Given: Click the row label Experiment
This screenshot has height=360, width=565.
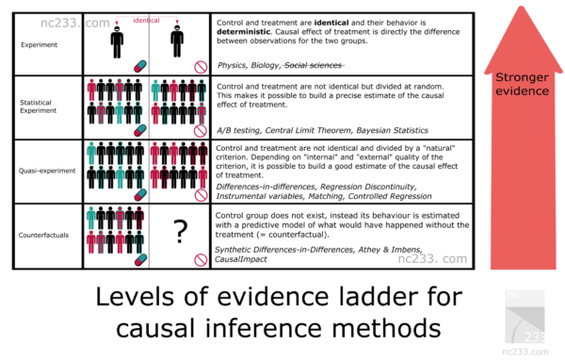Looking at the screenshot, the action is [39, 44].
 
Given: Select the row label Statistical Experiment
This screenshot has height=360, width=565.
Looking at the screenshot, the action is [38, 106].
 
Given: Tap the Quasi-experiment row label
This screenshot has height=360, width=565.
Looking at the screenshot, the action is [47, 171].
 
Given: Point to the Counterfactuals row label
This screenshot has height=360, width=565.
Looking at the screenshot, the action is [43, 236].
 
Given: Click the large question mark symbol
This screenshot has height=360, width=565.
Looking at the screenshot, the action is [180, 232].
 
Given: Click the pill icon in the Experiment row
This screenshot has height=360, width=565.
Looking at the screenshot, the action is [140, 66].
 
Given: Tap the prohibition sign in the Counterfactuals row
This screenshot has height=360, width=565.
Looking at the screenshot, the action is [201, 260].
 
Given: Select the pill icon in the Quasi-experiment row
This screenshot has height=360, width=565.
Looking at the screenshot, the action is [140, 195].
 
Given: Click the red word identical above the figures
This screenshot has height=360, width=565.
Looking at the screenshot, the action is [146, 20].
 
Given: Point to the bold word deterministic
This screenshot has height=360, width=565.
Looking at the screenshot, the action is [243, 32].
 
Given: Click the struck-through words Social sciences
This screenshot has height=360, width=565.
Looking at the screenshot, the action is [313, 65].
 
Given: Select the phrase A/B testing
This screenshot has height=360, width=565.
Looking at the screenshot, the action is [238, 130].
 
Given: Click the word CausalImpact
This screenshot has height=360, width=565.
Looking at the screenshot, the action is [241, 259].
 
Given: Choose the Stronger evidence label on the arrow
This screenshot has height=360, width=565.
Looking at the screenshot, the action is [522, 84].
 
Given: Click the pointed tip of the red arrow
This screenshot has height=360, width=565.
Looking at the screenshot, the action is [522, 7].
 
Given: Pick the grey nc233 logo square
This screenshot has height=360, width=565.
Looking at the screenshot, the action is [525, 317].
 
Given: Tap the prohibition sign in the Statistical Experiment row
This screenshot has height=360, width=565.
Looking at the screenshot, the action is [201, 131].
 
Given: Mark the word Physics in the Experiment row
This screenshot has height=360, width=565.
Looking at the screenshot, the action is [232, 66].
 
